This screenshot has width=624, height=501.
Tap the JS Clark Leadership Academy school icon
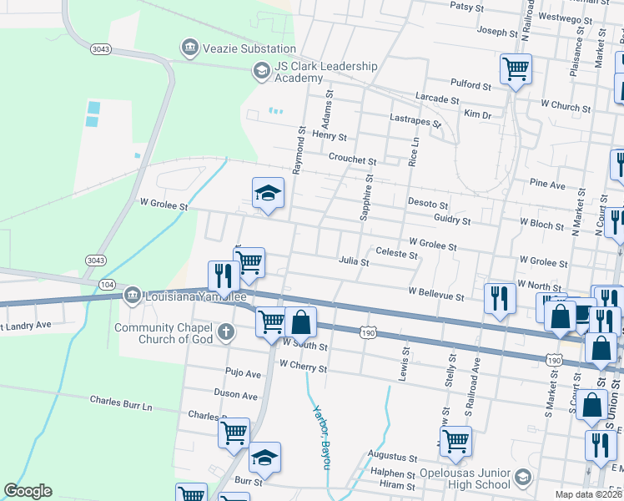point(261,70)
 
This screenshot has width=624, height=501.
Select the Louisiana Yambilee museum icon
point(132,295)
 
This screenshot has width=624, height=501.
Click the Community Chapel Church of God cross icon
point(224,333)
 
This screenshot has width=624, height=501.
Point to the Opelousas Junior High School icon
point(522,478)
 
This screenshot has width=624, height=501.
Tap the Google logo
point(28,491)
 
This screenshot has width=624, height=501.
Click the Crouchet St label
point(352,159)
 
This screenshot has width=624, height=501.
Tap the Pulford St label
point(471,85)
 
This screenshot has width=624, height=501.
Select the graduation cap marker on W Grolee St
point(267,195)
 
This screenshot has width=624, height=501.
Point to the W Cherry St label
point(304,366)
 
